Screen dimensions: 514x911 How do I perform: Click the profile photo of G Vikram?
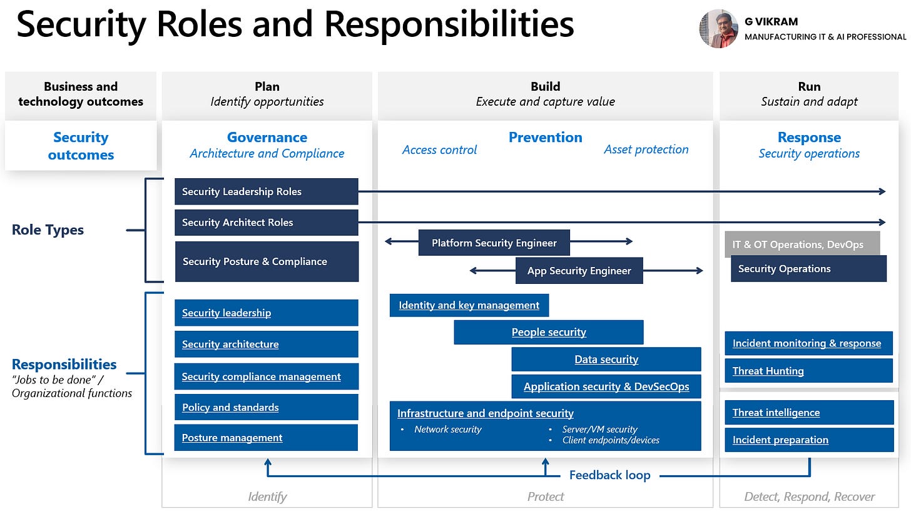(x=718, y=29)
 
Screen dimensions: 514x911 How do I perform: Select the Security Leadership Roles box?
(x=266, y=191)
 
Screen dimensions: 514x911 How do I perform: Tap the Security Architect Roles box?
(x=266, y=223)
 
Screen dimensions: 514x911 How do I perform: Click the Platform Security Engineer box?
(x=494, y=243)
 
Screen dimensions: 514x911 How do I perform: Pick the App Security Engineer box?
(x=579, y=271)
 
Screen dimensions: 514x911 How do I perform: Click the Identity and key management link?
(x=469, y=305)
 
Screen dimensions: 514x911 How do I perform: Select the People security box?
(x=549, y=332)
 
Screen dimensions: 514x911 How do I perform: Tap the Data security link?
(x=606, y=360)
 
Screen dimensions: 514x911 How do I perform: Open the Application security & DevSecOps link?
(x=606, y=386)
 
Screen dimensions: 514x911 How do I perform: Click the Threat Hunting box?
(x=808, y=371)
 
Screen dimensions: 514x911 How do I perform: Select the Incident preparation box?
(x=808, y=440)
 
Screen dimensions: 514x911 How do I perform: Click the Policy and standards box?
(x=266, y=407)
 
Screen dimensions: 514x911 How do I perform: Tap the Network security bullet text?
(x=447, y=430)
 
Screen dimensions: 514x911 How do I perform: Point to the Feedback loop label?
(x=609, y=475)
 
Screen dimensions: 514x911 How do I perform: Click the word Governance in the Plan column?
(x=267, y=138)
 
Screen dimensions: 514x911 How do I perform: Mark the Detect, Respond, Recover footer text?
(x=809, y=497)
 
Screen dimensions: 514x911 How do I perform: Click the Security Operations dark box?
(x=808, y=269)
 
